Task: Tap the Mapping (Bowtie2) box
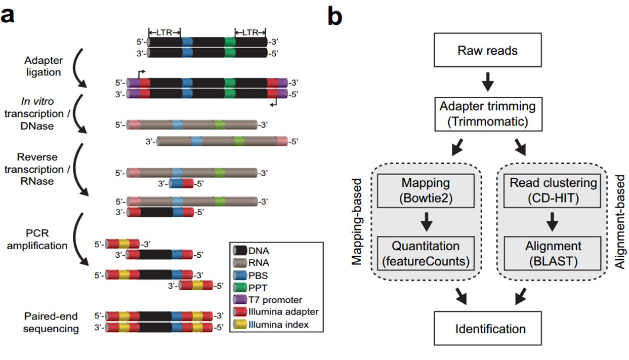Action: pyautogui.click(x=426, y=190)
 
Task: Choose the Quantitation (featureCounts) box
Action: pyautogui.click(x=426, y=253)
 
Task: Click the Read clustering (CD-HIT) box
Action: pyautogui.click(x=553, y=190)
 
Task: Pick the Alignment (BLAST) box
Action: pyautogui.click(x=553, y=253)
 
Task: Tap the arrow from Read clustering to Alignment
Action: pyautogui.click(x=553, y=222)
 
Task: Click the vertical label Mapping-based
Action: pyautogui.click(x=358, y=221)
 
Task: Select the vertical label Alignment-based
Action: pyautogui.click(x=620, y=221)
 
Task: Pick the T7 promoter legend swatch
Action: pyautogui.click(x=240, y=300)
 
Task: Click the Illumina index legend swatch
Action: pyautogui.click(x=240, y=325)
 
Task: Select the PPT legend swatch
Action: pyautogui.click(x=240, y=288)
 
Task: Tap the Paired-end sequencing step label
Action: pyautogui.click(x=51, y=323)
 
